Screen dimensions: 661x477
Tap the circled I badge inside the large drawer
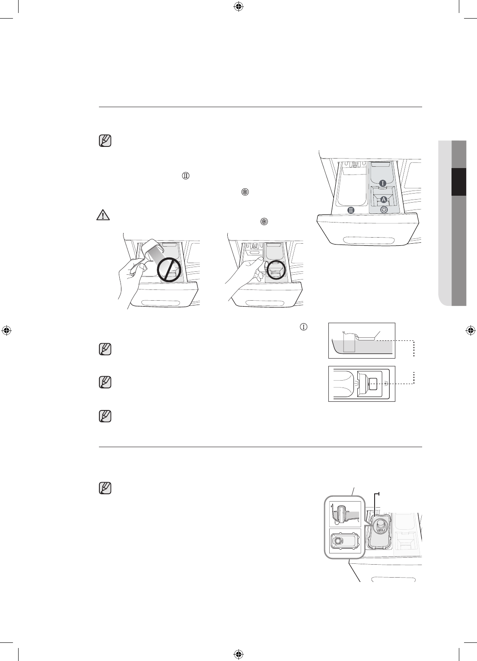(383, 183)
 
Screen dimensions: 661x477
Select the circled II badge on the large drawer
(351, 210)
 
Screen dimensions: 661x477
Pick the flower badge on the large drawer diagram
(384, 210)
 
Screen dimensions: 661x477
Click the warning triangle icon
(102, 215)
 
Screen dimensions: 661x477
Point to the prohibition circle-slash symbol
(168, 270)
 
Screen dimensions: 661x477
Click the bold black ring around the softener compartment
(276, 270)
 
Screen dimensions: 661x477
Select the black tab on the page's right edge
(458, 182)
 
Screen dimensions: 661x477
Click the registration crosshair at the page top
(238, 6)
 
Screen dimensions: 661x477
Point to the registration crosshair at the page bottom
(238, 654)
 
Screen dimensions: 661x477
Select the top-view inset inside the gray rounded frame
(345, 540)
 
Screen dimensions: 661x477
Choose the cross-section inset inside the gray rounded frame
(345, 514)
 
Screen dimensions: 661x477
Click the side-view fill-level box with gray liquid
(362, 340)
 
